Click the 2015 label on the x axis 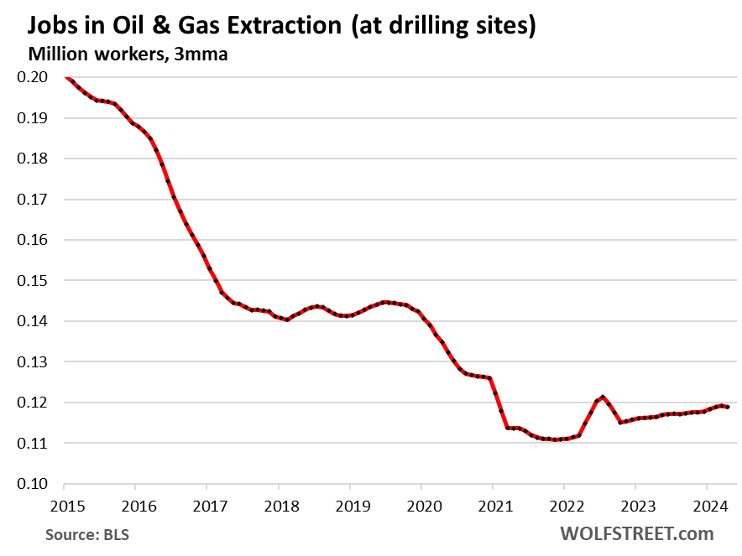coord(64,506)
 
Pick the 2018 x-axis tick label coord(278,506)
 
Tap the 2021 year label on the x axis coord(492,506)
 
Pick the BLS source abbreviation coord(117,533)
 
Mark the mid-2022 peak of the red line coord(603,396)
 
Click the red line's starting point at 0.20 coord(65,77)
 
